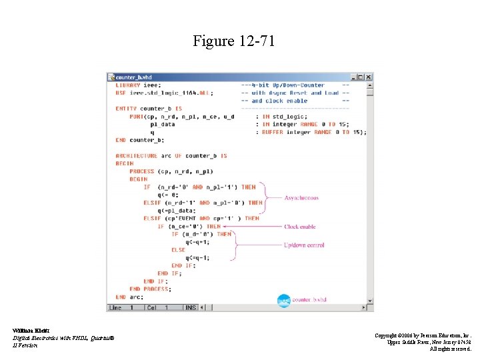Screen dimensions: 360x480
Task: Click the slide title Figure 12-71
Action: [x=233, y=42]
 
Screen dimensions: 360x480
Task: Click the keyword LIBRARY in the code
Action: [x=128, y=85]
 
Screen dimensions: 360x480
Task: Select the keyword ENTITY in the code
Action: [x=126, y=109]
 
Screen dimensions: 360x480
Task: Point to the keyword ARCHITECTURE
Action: [x=135, y=156]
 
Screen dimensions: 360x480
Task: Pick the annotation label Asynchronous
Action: [x=301, y=198]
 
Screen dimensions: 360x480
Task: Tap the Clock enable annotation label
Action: [x=300, y=227]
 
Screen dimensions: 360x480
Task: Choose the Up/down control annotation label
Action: [x=304, y=245]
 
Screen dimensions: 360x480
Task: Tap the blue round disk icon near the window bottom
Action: [x=283, y=301]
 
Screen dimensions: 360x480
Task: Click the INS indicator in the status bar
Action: [x=191, y=307]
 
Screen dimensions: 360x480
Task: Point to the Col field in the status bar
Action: [x=153, y=307]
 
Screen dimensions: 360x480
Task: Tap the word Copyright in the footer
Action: [x=389, y=335]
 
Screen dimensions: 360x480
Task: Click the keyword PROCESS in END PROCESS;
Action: [x=156, y=289]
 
